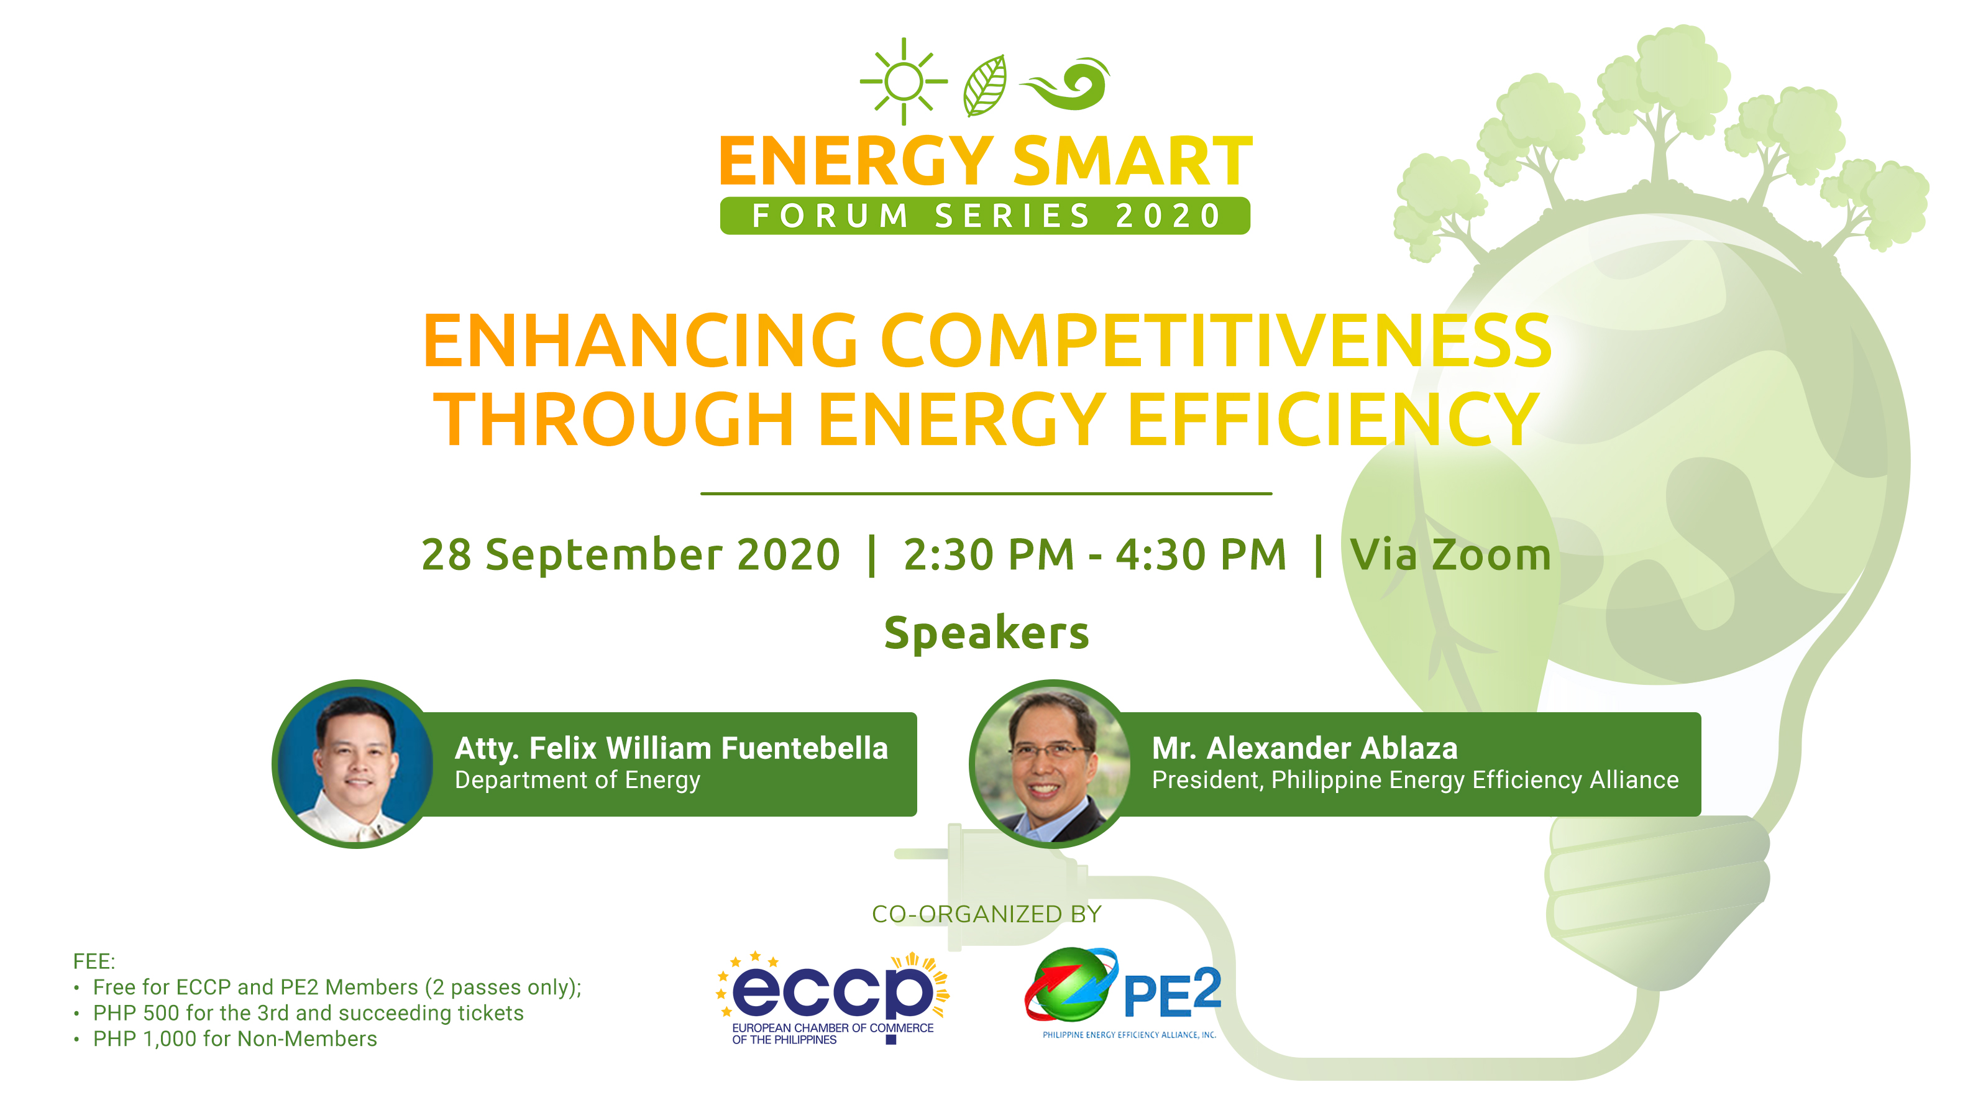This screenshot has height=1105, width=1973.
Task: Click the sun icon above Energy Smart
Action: coord(904,81)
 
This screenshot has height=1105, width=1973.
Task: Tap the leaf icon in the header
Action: coord(986,86)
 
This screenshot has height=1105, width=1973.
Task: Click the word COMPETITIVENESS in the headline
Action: coord(1215,342)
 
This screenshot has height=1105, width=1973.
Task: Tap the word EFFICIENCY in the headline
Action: coord(1333,420)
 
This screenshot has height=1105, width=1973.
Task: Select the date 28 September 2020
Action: coord(630,554)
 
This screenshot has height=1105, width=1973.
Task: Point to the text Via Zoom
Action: coord(1450,554)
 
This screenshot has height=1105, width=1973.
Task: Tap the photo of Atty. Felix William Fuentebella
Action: coord(355,764)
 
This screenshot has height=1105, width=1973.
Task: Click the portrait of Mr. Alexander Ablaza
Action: coord(1051,764)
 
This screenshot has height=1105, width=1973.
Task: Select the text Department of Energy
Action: coord(577,781)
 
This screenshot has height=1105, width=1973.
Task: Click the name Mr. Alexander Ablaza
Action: coord(1304,748)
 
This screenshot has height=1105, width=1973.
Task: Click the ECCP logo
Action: coord(832,996)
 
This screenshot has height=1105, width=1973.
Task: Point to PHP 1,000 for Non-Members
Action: coord(234,1039)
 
